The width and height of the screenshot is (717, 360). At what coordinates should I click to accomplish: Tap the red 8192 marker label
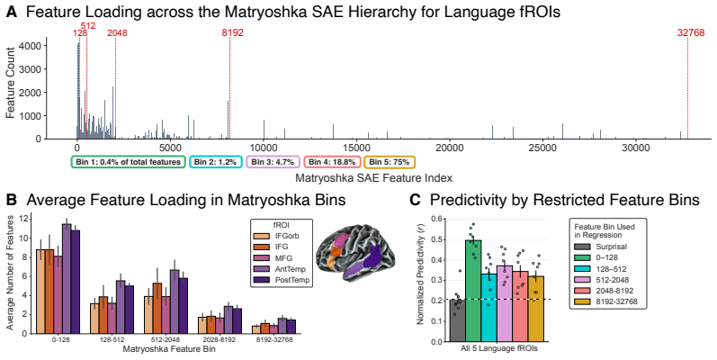232,33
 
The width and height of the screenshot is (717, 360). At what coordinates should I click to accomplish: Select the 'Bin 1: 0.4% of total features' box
128,162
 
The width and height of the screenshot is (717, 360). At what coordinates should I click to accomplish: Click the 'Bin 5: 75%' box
390,162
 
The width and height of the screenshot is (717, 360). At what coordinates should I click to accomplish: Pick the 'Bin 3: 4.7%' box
273,162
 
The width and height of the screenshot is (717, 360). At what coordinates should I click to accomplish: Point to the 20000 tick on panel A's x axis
450,148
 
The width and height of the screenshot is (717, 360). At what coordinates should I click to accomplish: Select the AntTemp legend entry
279,269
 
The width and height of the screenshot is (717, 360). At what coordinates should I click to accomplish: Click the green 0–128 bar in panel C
473,291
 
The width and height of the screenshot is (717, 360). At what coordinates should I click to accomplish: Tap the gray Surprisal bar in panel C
458,320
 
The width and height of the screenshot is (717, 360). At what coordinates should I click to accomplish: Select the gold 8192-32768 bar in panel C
535,309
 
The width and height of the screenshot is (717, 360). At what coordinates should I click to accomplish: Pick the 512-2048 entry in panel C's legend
603,280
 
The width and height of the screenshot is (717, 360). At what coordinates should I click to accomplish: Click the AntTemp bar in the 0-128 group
67,279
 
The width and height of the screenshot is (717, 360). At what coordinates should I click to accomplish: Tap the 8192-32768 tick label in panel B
273,340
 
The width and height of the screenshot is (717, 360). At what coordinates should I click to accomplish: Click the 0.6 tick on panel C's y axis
437,219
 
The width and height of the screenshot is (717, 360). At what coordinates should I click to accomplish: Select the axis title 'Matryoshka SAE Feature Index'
373,177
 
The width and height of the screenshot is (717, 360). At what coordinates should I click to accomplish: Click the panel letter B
12,200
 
